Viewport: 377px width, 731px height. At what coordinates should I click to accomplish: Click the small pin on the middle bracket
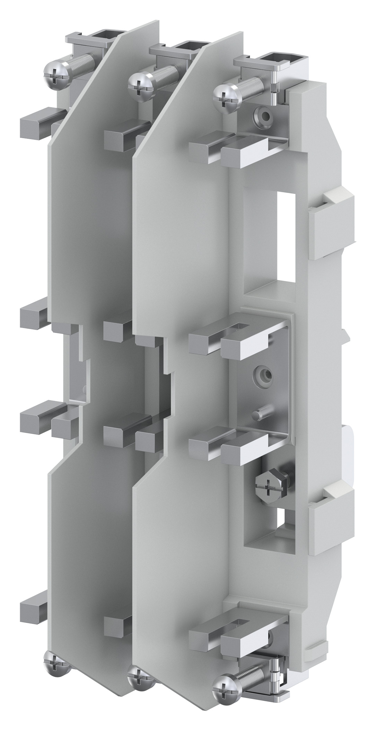[x=258, y=414]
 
